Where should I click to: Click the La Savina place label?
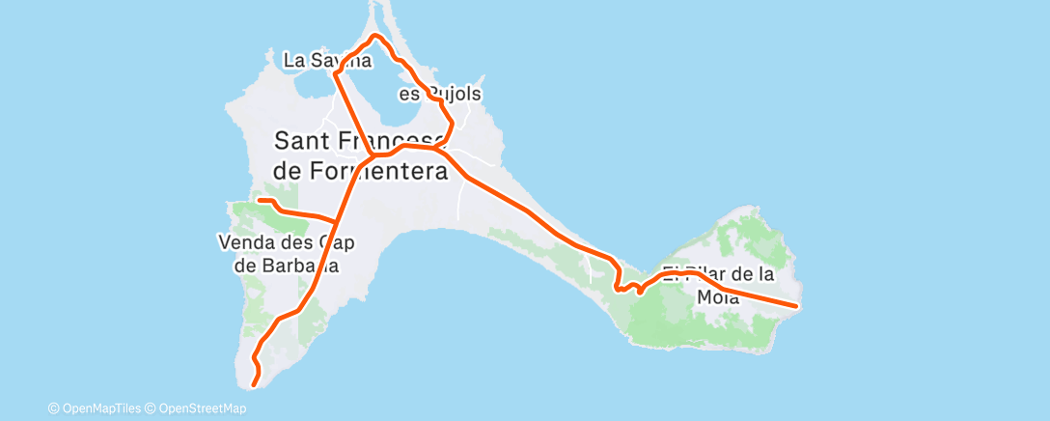(327, 60)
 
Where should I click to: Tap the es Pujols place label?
(440, 95)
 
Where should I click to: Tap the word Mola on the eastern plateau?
(717, 298)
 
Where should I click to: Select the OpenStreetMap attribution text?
(197, 408)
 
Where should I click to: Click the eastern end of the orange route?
(795, 306)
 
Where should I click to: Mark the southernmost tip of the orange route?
(254, 385)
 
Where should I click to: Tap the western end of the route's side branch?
(259, 201)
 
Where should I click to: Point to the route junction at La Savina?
(335, 73)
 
